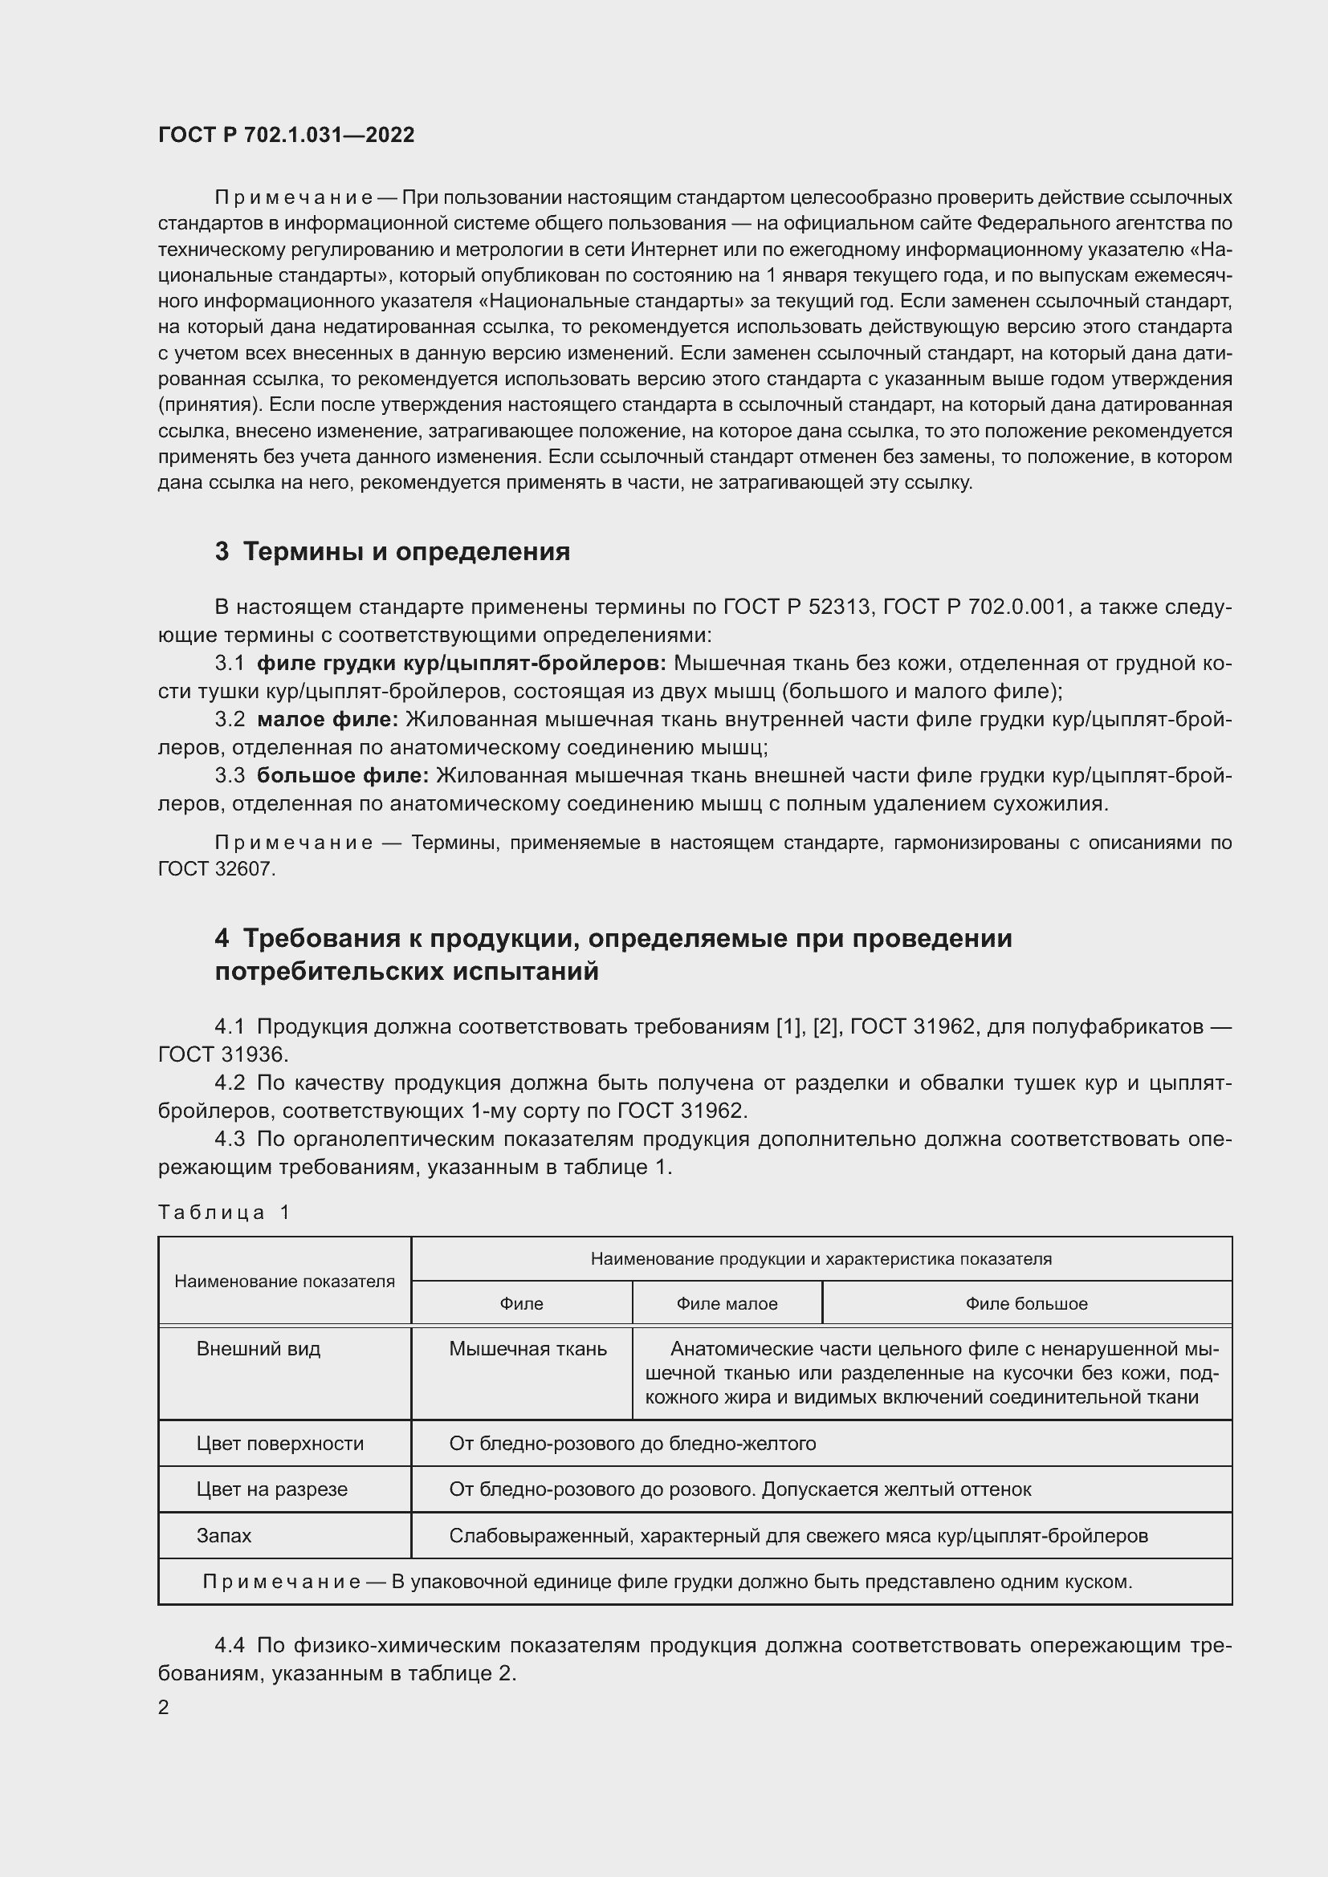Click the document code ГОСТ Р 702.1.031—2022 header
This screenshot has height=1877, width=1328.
[x=286, y=135]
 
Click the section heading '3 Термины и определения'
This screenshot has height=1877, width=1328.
[x=393, y=552]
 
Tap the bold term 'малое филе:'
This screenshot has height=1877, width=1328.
[x=327, y=719]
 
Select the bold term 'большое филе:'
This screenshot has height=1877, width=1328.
[x=343, y=775]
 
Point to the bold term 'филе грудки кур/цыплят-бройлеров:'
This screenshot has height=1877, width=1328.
[x=461, y=663]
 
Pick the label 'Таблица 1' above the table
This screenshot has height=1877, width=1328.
[x=224, y=1213]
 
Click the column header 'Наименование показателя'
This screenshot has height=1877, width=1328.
[x=284, y=1281]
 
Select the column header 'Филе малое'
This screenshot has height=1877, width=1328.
[x=726, y=1304]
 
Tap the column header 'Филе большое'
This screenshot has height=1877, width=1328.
[x=1026, y=1304]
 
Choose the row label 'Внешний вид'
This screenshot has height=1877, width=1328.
[x=259, y=1349]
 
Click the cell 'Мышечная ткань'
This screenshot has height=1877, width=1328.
[x=528, y=1349]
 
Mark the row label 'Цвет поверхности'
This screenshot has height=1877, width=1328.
[x=279, y=1444]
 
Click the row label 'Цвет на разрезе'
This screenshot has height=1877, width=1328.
[x=271, y=1489]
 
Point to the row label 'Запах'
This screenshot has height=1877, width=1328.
[x=224, y=1535]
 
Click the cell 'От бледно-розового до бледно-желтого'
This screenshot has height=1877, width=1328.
[x=632, y=1444]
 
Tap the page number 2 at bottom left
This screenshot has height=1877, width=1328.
[x=164, y=1707]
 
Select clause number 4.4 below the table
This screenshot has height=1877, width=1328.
[x=230, y=1645]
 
